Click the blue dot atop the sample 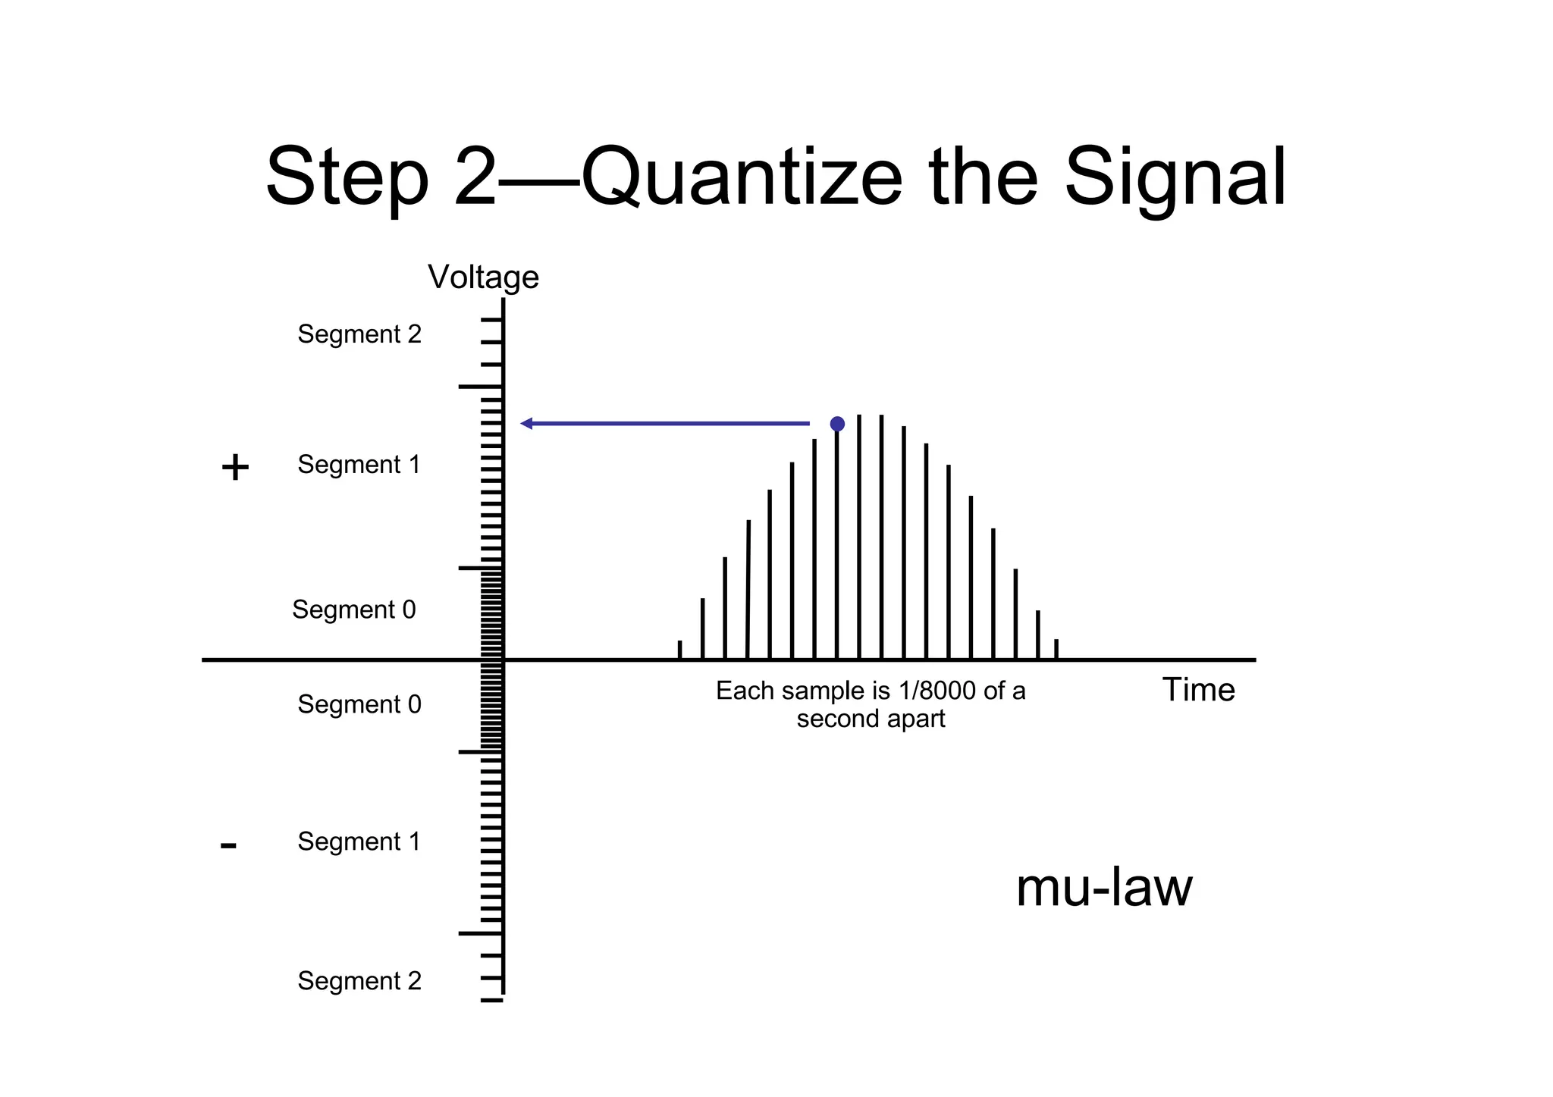[837, 424]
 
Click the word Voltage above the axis [483, 277]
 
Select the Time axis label [1198, 690]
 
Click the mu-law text [1103, 888]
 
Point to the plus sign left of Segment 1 [235, 467]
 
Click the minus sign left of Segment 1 [228, 845]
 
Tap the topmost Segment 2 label [359, 334]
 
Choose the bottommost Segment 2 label [359, 981]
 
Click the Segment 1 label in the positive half [359, 465]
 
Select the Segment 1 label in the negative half [359, 842]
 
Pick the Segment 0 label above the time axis [354, 610]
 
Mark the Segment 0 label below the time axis [359, 704]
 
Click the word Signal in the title [1175, 178]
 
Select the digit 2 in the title [475, 178]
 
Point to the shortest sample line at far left [679, 650]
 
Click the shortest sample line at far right [1056, 649]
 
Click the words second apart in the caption [871, 719]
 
